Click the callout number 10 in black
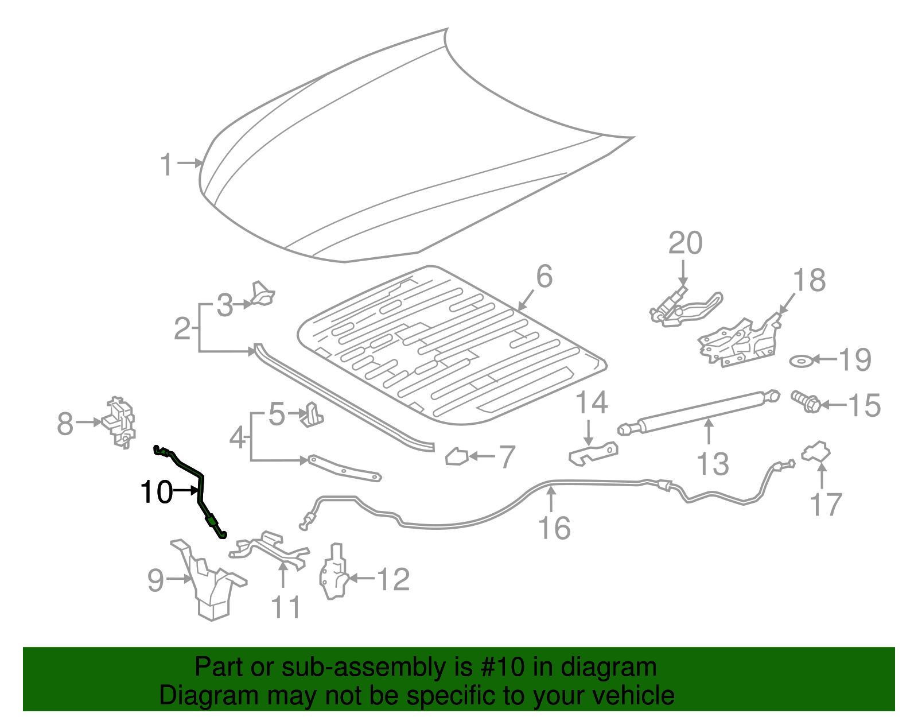[x=157, y=493]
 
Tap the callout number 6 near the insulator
[x=544, y=277]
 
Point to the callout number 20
[x=685, y=243]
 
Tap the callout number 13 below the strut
[x=713, y=464]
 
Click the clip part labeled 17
[x=816, y=452]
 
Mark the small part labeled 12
[x=333, y=575]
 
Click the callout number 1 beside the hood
[x=166, y=165]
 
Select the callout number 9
[x=156, y=580]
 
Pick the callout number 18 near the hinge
[x=809, y=281]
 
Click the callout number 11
[x=285, y=607]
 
